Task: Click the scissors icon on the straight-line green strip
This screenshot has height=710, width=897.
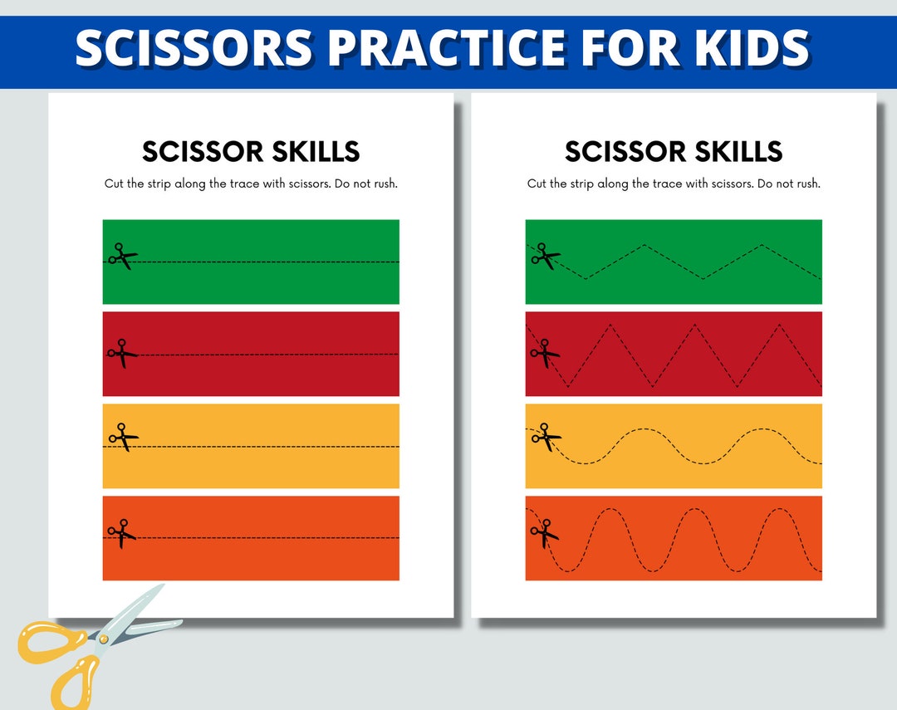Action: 122,257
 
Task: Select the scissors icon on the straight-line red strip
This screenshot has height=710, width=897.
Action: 122,352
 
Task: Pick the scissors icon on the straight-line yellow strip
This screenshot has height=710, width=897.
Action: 122,437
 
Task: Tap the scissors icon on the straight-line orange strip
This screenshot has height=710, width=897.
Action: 122,533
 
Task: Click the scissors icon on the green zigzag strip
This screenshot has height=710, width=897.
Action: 546,257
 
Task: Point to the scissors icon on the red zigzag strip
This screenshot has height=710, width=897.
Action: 545,352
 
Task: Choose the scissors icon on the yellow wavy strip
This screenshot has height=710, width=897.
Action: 545,437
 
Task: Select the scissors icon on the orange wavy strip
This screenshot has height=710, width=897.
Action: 545,533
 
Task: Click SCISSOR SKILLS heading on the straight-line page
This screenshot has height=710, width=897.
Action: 251,152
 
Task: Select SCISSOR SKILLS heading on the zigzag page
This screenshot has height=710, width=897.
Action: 674,152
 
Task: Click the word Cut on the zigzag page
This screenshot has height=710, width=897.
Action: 537,184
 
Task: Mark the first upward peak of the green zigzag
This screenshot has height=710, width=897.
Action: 645,245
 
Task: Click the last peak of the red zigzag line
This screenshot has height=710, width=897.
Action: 779,324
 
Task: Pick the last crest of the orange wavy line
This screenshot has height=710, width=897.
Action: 779,508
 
